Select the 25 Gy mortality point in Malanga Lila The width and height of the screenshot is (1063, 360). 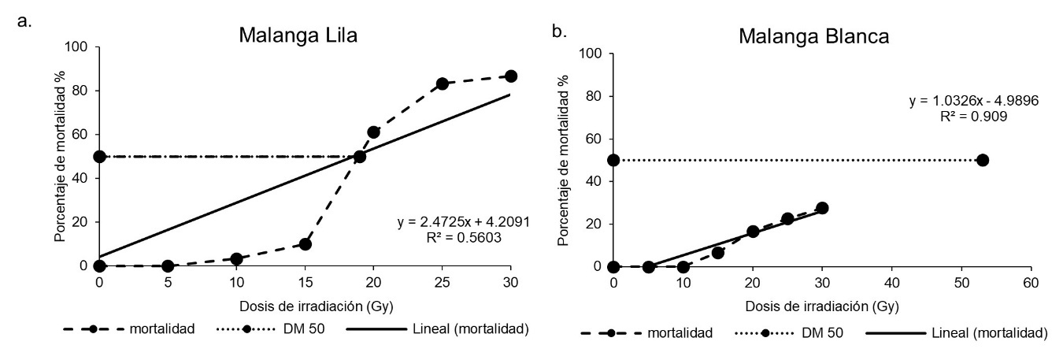pos(443,84)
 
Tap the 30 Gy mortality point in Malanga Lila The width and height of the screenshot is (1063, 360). pos(511,76)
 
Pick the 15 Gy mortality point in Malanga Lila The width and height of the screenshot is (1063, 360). pos(306,244)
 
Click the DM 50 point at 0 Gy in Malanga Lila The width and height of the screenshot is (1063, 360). pos(99,157)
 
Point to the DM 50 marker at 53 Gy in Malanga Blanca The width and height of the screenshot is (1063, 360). pos(982,160)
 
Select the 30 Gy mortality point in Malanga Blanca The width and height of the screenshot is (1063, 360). pos(822,208)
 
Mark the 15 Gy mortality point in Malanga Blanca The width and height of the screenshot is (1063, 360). pos(717,253)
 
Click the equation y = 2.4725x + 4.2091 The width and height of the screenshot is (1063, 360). pos(464,223)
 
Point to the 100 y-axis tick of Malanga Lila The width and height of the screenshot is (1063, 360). pos(79,46)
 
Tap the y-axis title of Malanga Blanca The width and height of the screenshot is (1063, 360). pos(563,159)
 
